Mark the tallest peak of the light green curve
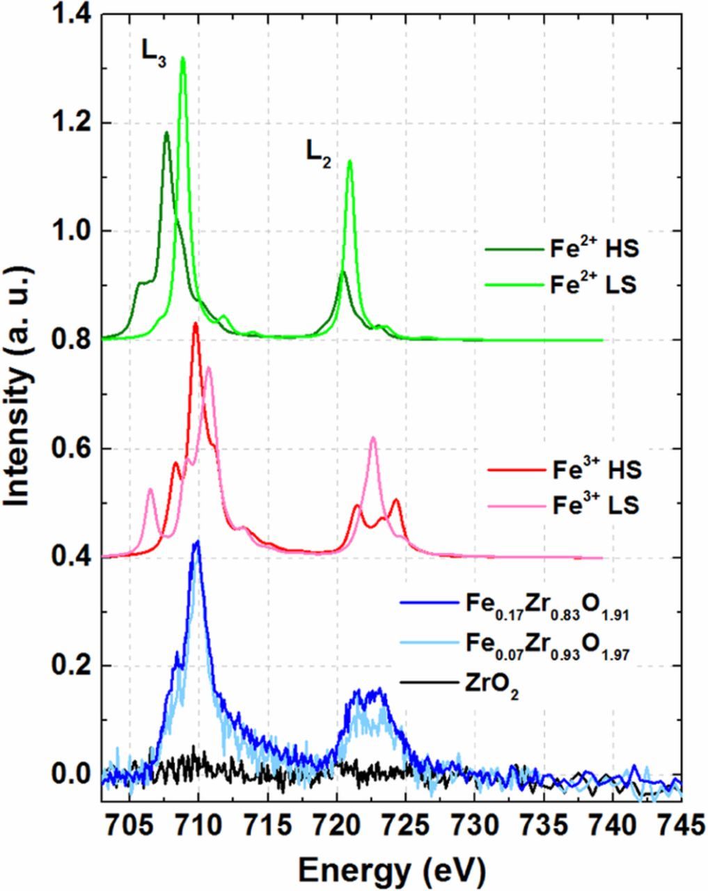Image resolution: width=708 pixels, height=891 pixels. click(x=183, y=58)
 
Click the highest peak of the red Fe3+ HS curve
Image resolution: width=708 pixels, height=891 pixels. click(x=196, y=324)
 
